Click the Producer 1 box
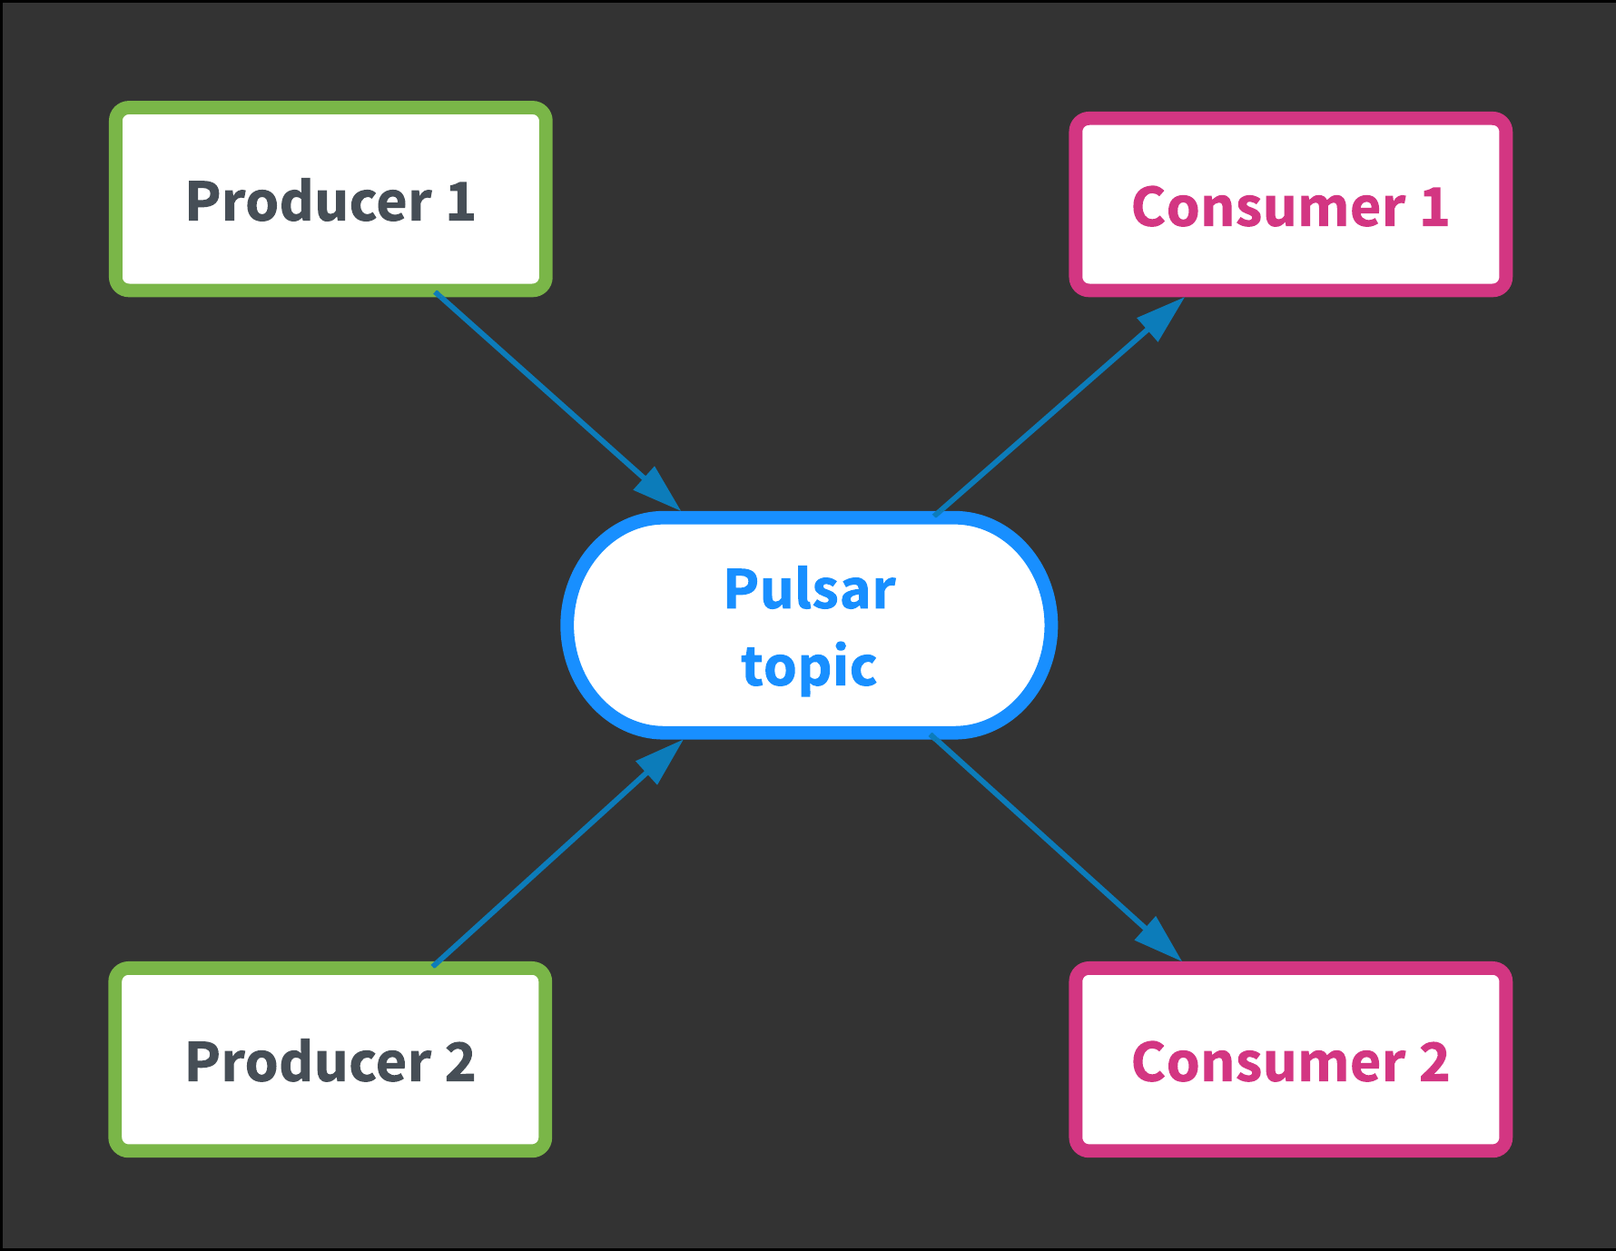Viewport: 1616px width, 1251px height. pos(330,199)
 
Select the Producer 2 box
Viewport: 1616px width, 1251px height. pos(330,1059)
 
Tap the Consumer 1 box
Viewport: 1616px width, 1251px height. pos(1290,204)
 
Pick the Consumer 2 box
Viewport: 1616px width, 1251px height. pos(1290,1059)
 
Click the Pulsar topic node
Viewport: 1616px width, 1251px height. pos(809,625)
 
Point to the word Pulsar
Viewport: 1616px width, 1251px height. pos(810,589)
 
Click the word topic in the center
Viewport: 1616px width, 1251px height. pos(809,667)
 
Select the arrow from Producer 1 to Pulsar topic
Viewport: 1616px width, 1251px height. pos(557,400)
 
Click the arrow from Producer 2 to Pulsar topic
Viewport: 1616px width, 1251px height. pos(557,852)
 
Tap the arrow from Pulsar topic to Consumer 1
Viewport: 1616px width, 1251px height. pos(1059,406)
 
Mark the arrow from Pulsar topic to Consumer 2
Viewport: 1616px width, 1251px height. pos(1056,847)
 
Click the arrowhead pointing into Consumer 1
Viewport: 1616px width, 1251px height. pos(1162,318)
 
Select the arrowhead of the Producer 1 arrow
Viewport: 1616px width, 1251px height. pos(658,489)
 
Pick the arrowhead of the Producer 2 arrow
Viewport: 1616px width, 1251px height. pos(660,761)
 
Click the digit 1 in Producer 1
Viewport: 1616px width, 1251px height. pos(461,201)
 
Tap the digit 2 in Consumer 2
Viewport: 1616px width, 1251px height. pos(1434,1061)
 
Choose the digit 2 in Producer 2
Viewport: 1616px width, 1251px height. pos(460,1061)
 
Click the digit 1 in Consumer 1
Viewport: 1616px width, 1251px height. pos(1434,206)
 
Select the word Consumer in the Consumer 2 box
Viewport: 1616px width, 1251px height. pos(1268,1061)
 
